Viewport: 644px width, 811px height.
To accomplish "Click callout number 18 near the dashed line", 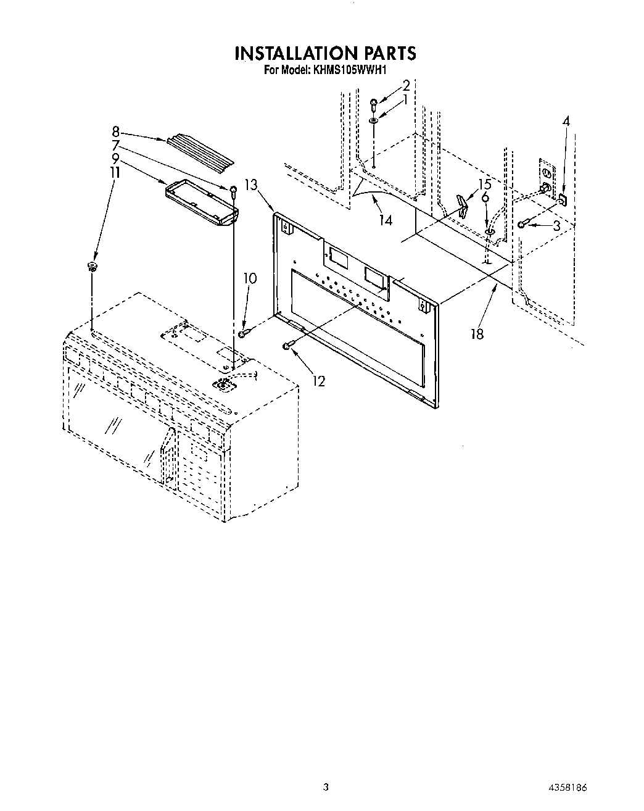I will pos(476,334).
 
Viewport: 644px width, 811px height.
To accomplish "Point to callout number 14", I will pos(386,220).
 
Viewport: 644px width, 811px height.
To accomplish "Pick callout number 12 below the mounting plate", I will pos(318,381).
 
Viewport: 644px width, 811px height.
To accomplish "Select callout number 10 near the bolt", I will pos(250,279).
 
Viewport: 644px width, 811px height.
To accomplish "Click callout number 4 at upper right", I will pos(565,121).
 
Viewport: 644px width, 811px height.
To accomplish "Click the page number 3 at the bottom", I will pos(325,787).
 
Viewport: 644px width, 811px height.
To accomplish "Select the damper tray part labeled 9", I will pos(202,202).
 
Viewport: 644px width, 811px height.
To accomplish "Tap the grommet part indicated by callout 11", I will pos(93,267).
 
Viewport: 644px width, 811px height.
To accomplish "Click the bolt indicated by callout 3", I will pos(522,224).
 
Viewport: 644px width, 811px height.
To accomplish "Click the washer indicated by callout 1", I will pos(374,120).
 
